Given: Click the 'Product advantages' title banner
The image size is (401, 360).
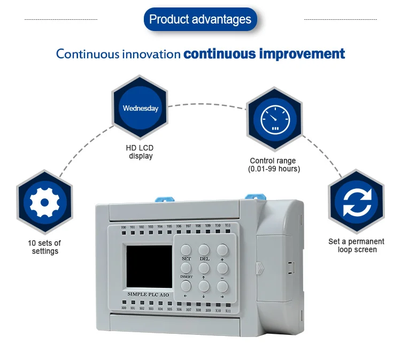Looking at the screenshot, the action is pyautogui.click(x=200, y=20).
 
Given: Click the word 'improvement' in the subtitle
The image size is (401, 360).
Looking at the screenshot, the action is pyautogui.click(x=302, y=54).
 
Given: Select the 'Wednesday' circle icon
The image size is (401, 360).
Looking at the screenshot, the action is pyautogui.click(x=141, y=108).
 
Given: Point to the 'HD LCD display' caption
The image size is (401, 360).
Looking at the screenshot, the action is pyautogui.click(x=141, y=152).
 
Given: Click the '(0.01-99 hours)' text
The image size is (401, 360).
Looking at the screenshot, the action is pyautogui.click(x=273, y=169).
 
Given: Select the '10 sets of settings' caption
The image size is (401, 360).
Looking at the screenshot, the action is pyautogui.click(x=45, y=247).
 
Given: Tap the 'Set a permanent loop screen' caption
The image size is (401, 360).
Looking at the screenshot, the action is pyautogui.click(x=356, y=246).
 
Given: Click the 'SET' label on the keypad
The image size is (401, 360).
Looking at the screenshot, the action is pyautogui.click(x=186, y=259).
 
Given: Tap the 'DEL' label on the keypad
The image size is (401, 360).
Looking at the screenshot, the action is pyautogui.click(x=204, y=259).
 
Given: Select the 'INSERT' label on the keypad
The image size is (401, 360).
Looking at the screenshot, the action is pyautogui.click(x=186, y=276).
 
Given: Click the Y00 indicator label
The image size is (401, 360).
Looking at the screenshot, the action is pyautogui.click(x=124, y=227).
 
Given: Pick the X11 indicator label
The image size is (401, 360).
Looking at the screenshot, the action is pyautogui.click(x=228, y=311).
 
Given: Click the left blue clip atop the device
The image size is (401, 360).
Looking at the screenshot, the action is pyautogui.click(x=160, y=201).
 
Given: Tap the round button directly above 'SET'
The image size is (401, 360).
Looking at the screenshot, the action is pyautogui.click(x=186, y=249).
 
